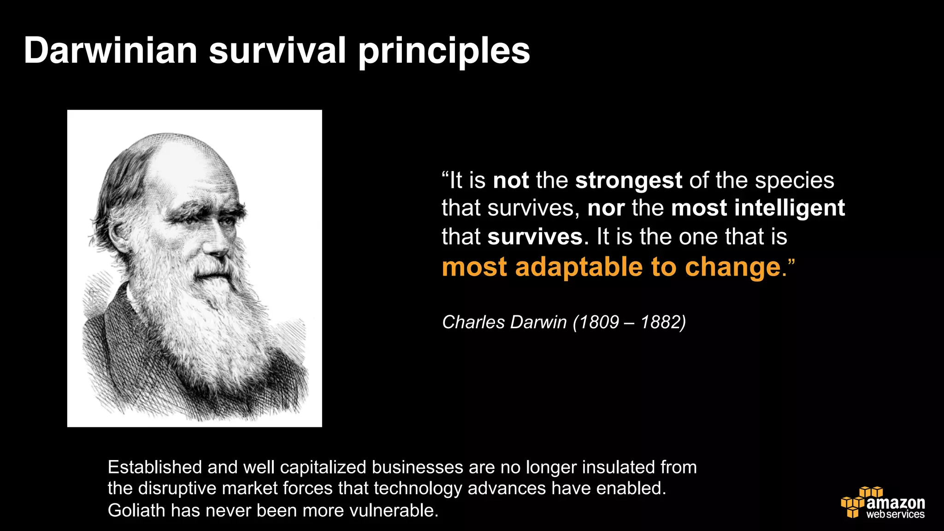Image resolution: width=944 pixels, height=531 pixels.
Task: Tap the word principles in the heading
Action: [x=444, y=52]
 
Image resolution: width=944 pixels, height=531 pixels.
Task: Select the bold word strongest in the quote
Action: [x=628, y=180]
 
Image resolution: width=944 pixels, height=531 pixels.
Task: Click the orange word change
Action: [x=733, y=267]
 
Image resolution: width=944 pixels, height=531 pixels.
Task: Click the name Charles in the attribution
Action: [x=473, y=322]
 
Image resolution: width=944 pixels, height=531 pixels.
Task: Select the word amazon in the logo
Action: [x=896, y=502]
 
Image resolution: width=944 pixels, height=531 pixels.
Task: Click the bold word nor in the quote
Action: [x=606, y=208]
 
